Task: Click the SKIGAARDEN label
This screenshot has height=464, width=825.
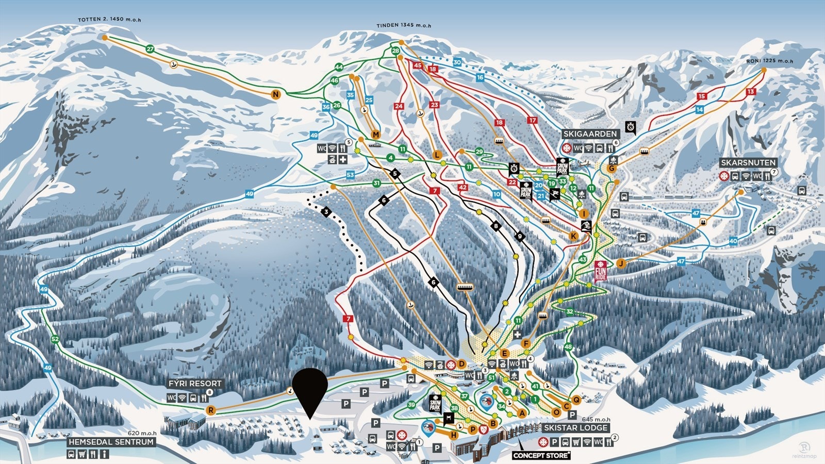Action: coord(590,134)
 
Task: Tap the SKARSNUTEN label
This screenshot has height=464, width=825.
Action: coord(748,162)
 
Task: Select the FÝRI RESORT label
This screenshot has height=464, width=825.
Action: coord(194,384)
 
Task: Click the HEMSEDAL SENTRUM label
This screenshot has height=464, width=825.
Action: coord(111,442)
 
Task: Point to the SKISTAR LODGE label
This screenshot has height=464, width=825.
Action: coord(575,428)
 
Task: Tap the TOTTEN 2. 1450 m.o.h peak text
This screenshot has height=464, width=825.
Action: coord(109,20)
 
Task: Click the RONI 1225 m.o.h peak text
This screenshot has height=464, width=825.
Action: coord(769,61)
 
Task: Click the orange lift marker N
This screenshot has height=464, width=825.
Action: coord(276,94)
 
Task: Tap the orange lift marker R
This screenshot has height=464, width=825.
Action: coord(210,410)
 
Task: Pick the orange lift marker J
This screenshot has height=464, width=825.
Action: coord(621,263)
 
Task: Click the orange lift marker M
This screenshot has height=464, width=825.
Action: coord(375,135)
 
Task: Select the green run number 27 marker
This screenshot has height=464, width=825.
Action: coord(150,49)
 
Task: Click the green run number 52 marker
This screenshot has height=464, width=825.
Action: coord(55,339)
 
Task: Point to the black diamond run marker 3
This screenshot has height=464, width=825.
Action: coord(326,211)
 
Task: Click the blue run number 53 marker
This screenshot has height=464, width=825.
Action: coord(350,175)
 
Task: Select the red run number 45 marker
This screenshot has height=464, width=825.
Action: coord(417,65)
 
